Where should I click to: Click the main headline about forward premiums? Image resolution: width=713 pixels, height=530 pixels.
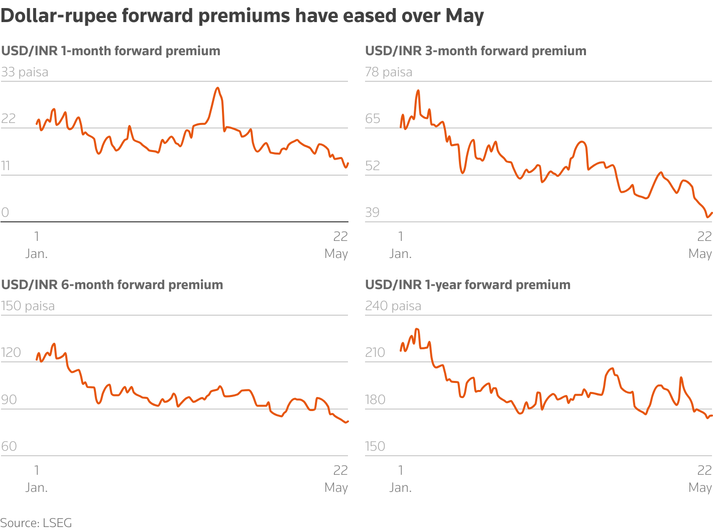point(242,16)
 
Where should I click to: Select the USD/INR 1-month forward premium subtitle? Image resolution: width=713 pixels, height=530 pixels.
point(111,51)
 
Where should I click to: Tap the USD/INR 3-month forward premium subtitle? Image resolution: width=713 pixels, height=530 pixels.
point(476,51)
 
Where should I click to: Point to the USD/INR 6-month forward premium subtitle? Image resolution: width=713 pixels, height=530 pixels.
point(112,285)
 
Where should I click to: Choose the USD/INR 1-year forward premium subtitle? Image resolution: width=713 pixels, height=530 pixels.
point(467,285)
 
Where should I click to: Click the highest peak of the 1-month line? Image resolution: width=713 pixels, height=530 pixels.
point(217,88)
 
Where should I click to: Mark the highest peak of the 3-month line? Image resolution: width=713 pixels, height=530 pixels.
point(418,91)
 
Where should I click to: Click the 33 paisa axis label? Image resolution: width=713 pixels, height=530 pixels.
point(25,72)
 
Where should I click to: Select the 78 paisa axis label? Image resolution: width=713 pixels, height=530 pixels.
point(389,72)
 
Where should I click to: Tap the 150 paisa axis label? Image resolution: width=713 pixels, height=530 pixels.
point(28,306)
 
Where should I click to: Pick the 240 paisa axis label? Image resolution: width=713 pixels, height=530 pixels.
point(393,306)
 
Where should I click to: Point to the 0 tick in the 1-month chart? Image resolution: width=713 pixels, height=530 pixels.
point(5,212)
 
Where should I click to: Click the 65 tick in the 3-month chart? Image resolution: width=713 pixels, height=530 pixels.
point(373,119)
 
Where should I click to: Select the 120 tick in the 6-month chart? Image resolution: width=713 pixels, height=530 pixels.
point(11,352)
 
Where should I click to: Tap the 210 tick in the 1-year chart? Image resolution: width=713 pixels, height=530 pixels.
point(375,352)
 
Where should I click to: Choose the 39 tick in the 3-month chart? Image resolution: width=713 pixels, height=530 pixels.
point(372,212)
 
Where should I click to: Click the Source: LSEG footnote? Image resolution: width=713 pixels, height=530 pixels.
point(36,522)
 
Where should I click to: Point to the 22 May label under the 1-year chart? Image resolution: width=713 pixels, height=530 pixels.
point(700,478)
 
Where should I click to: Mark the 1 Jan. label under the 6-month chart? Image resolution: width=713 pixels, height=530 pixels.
point(37,478)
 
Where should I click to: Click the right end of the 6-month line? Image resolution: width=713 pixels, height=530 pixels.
point(347,422)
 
